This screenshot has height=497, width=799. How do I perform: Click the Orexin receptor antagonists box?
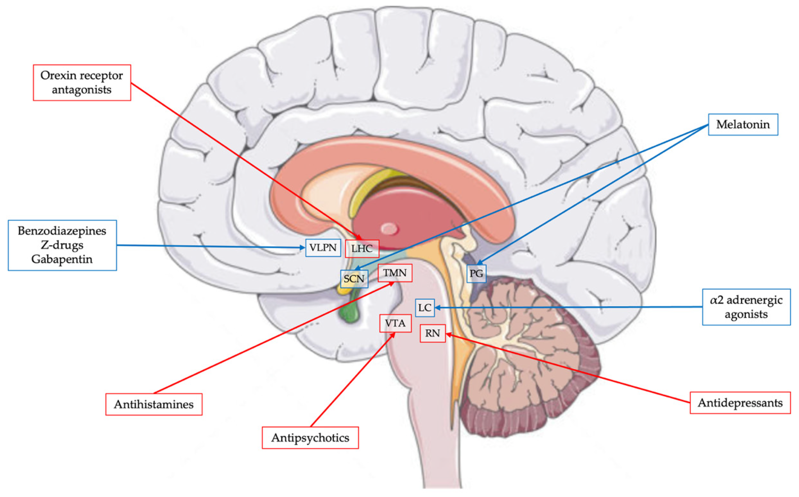tap(82, 83)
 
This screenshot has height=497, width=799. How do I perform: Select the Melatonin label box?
tap(742, 125)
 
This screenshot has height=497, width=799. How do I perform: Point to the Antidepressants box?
tap(740, 403)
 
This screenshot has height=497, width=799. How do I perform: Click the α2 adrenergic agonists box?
tap(746, 307)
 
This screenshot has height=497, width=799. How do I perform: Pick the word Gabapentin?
tap(62, 259)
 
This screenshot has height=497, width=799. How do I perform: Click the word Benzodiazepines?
tap(62, 231)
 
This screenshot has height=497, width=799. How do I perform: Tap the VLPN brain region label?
tap(323, 247)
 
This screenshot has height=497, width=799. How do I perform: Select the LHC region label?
tap(362, 248)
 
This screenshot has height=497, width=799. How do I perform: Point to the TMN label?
tap(395, 273)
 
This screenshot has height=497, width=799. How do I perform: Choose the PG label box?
tap(476, 274)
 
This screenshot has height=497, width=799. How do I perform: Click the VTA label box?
tap(395, 323)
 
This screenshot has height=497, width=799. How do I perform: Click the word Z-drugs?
tap(62, 245)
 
